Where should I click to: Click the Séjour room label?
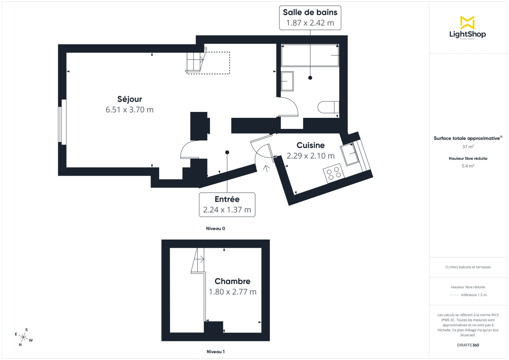[x=129, y=99]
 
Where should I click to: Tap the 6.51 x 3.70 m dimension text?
[x=129, y=110]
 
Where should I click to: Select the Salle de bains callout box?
[x=310, y=17]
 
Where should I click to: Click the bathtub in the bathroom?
[x=310, y=56]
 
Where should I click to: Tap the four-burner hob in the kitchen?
[x=334, y=173]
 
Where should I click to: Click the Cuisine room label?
[x=310, y=145]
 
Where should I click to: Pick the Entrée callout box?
[x=227, y=204]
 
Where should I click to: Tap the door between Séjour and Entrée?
[x=189, y=150]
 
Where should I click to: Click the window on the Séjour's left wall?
[x=62, y=122]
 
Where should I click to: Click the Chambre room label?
[x=232, y=281]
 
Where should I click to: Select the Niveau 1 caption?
[x=215, y=352]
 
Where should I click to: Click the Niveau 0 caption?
[x=215, y=229]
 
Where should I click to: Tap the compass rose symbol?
[x=23, y=338]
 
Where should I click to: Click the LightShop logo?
[x=467, y=28]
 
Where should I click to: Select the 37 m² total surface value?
[x=467, y=147]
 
